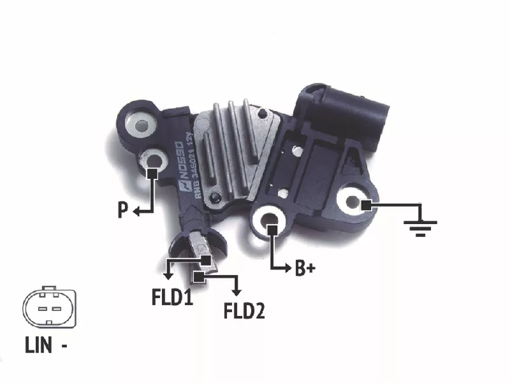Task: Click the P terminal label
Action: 122,210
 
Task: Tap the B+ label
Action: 305,268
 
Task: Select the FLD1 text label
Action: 172,297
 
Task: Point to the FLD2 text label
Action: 244,310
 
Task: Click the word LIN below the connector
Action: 38,345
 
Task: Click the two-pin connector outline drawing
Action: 49,307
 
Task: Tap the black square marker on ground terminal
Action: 365,206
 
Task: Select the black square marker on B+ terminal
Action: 272,230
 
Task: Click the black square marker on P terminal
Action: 152,174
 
